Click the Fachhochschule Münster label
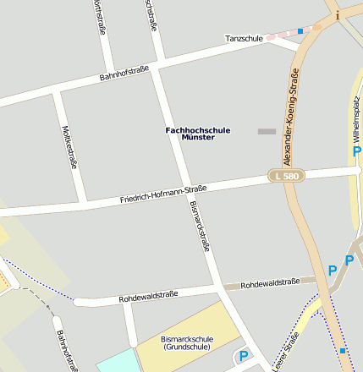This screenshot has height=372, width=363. pyautogui.click(x=190, y=132)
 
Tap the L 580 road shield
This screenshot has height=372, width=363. pyautogui.click(x=285, y=175)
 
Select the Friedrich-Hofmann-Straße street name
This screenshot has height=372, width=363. pyautogui.click(x=163, y=194)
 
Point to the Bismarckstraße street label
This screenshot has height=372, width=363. pyautogui.click(x=200, y=227)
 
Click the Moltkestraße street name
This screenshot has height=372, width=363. pyautogui.click(x=69, y=147)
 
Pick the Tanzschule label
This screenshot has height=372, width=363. pyautogui.click(x=244, y=39)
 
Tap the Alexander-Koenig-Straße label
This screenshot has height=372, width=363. pyautogui.click(x=292, y=118)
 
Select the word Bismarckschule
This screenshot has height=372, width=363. pyautogui.click(x=186, y=339)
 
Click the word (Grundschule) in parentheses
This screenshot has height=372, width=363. pyautogui.click(x=186, y=347)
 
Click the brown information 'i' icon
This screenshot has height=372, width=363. pyautogui.click(x=338, y=14)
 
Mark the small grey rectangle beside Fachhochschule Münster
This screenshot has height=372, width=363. pyautogui.click(x=267, y=131)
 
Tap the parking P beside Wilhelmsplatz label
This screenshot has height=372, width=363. pyautogui.click(x=356, y=150)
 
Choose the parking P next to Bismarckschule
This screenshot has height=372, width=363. pyautogui.click(x=244, y=357)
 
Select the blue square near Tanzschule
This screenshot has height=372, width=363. pyautogui.click(x=300, y=31)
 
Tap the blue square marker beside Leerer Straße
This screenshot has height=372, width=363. pyautogui.click(x=343, y=349)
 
